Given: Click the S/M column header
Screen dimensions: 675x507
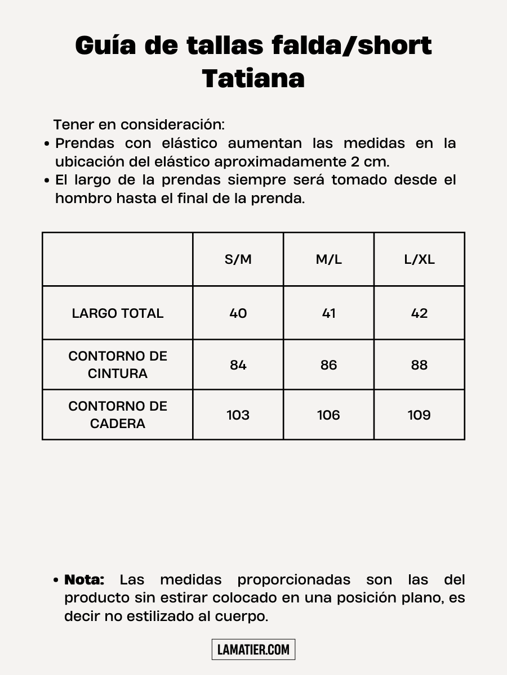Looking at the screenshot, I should click(238, 259).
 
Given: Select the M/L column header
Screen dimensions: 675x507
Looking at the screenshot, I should click(328, 259).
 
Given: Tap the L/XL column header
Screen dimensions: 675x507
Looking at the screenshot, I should click(419, 259).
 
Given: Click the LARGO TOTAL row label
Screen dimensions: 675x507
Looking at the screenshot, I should click(118, 313).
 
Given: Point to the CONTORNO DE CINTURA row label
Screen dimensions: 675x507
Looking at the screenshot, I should click(118, 364).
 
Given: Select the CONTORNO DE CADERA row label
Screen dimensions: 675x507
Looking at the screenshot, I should click(118, 415).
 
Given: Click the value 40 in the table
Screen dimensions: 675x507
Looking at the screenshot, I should click(238, 313).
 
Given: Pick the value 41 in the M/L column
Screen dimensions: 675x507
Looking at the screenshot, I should click(328, 313).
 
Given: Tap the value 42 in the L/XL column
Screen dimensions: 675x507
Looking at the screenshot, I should click(419, 313).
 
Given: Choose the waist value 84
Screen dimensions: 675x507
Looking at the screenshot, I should click(238, 365).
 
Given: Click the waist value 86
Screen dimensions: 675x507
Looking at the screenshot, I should click(328, 365).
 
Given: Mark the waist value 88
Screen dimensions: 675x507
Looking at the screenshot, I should click(419, 365).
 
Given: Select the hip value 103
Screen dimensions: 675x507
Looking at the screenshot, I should click(238, 415).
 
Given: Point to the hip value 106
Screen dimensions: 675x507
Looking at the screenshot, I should click(328, 415).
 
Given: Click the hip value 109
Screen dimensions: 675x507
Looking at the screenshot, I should click(419, 415).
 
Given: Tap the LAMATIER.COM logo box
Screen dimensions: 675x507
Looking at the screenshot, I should click(253, 650).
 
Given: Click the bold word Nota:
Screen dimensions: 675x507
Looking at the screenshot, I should click(84, 579).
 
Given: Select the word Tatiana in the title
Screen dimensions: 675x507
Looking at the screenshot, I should click(253, 79).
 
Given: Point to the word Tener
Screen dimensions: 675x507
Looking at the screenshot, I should click(74, 124).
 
